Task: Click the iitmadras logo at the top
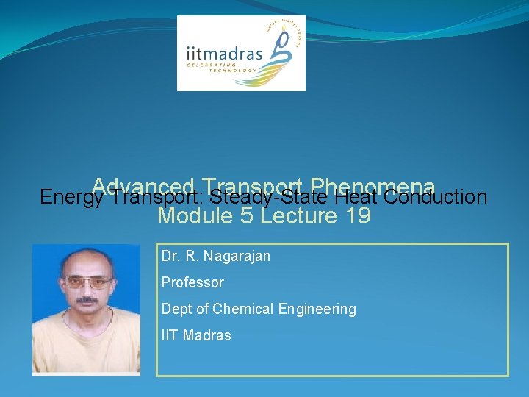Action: coord(241,53)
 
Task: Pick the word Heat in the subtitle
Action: coord(356,197)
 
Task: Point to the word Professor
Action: coord(192,282)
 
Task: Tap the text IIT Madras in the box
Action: coord(196,335)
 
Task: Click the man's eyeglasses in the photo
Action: coord(87,282)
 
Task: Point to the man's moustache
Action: coord(87,300)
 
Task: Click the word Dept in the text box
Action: coord(175,309)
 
